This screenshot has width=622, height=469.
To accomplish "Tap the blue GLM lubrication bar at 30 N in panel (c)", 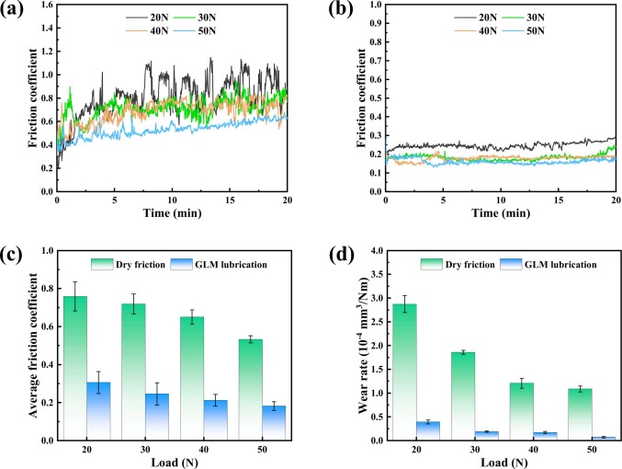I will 156,417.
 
